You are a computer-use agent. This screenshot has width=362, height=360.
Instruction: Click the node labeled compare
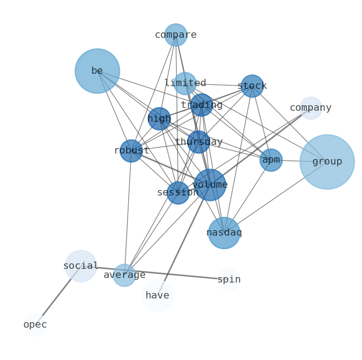click(x=176, y=35)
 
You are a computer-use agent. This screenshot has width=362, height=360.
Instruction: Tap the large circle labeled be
click(x=97, y=71)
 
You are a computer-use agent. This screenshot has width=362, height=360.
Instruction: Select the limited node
click(x=185, y=83)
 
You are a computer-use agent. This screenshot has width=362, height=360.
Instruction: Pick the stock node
click(x=252, y=86)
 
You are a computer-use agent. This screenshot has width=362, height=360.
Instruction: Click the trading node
click(x=202, y=105)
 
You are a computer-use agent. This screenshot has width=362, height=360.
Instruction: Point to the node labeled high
click(x=159, y=119)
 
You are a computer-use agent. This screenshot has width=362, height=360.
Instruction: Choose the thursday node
click(x=199, y=142)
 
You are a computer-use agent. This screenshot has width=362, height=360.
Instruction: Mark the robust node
click(x=131, y=151)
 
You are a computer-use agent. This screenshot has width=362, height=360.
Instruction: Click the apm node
click(x=271, y=160)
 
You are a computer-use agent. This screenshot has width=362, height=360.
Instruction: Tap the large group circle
click(x=327, y=162)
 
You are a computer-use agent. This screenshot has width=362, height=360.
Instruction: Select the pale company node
click(x=311, y=108)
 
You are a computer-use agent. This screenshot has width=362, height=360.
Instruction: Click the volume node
click(x=210, y=185)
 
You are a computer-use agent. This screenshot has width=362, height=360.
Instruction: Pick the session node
click(x=178, y=193)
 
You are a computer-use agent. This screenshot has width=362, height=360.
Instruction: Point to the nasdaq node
click(x=224, y=233)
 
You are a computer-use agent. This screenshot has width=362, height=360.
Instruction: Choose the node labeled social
click(x=81, y=266)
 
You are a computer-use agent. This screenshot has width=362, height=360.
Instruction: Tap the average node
click(x=124, y=275)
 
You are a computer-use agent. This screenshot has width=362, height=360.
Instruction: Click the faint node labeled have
click(x=157, y=296)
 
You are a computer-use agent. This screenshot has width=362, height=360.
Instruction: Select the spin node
click(x=229, y=280)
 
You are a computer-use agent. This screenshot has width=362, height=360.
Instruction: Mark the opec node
click(x=35, y=325)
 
